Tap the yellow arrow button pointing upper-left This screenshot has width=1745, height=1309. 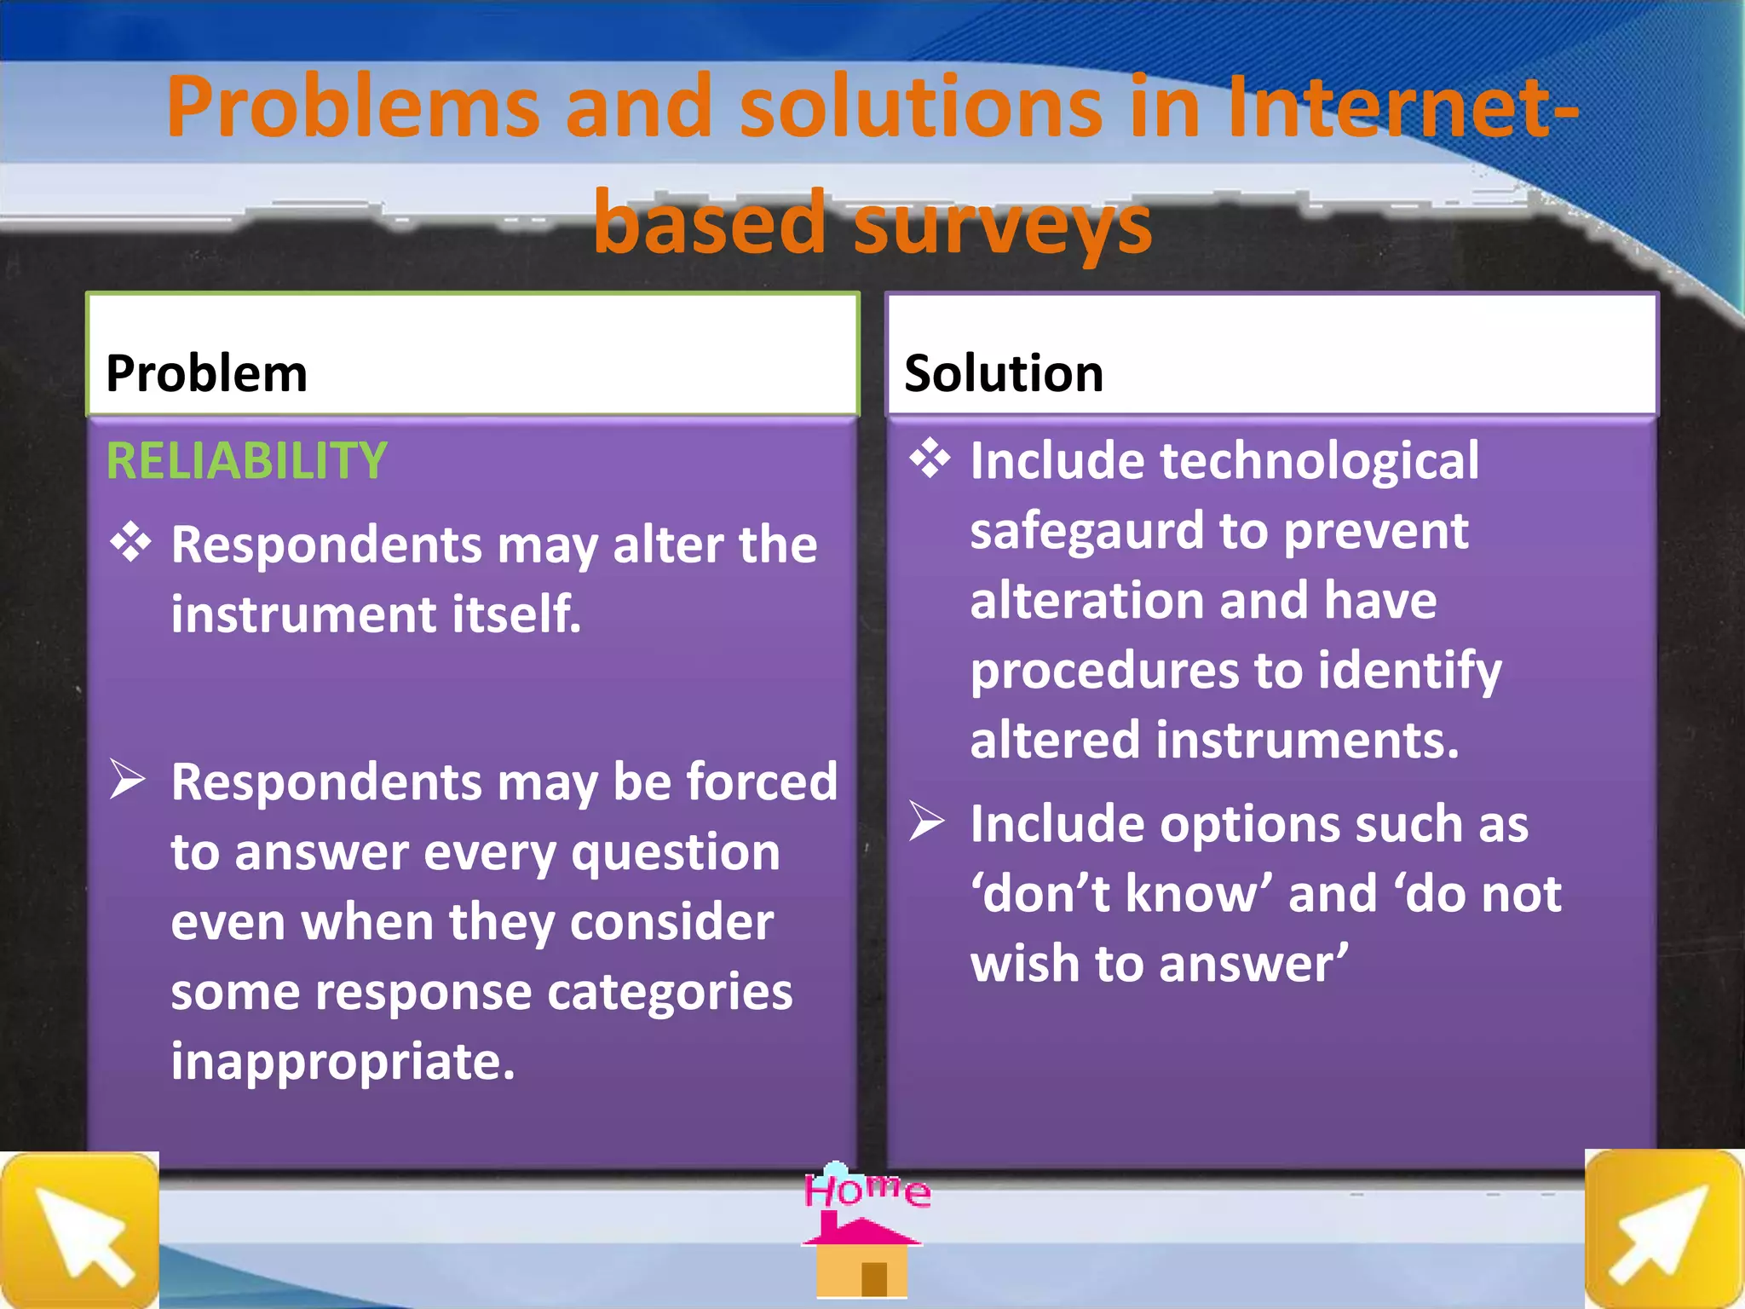(79, 1230)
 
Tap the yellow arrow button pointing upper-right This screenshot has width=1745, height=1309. (1663, 1229)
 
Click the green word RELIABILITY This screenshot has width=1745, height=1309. (246, 461)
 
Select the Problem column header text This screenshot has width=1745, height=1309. (206, 373)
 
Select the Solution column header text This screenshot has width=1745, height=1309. (1004, 373)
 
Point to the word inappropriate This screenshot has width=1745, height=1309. (343, 1063)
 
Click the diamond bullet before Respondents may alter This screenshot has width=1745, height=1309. (130, 542)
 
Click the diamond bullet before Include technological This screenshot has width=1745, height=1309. (929, 458)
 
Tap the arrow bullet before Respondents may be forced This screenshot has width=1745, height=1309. (128, 779)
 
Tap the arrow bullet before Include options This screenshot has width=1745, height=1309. (926, 822)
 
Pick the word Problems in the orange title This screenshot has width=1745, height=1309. (353, 107)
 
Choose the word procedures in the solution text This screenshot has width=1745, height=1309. (1104, 672)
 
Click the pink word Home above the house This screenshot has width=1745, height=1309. (867, 1190)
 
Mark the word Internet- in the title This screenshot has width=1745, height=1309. (1401, 107)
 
